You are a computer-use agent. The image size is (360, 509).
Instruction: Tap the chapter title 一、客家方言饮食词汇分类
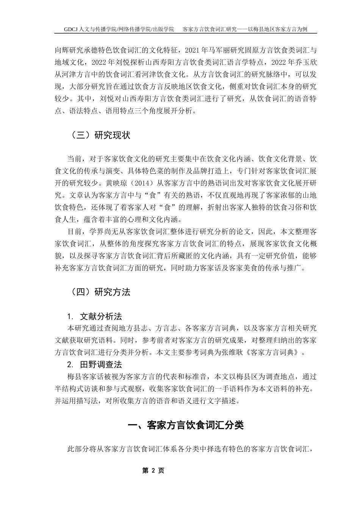pos(186,425)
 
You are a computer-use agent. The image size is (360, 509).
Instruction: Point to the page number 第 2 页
pos(153,471)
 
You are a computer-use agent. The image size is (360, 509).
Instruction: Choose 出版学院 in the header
pos(163,29)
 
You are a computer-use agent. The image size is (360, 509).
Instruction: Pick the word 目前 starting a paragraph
pos(75,231)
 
